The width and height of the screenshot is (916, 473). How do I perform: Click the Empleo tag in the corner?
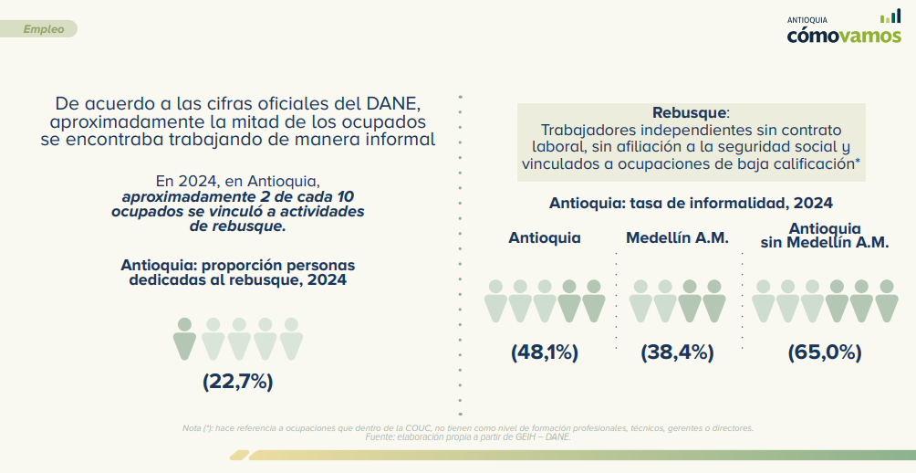click(43, 29)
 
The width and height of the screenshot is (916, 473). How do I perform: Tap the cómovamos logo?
click(844, 36)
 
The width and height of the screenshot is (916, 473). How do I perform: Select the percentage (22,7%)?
click(237, 382)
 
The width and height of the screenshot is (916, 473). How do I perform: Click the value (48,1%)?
click(544, 352)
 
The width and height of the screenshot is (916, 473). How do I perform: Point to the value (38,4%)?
click(677, 352)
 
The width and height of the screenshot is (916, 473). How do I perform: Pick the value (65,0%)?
click(824, 352)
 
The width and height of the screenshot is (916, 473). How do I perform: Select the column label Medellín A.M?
click(677, 237)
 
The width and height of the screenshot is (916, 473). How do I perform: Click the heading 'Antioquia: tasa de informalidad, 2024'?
click(691, 203)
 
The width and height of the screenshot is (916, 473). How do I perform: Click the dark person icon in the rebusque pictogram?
click(184, 338)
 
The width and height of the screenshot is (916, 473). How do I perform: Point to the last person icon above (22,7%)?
click(291, 338)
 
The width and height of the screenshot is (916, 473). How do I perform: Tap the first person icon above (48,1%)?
click(495, 300)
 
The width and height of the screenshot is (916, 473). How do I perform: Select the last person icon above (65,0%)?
click(887, 300)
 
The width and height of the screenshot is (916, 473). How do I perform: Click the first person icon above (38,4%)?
click(640, 300)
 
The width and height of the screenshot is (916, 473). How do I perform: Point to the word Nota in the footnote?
click(193, 428)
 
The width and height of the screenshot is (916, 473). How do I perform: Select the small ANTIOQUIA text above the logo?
click(807, 19)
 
